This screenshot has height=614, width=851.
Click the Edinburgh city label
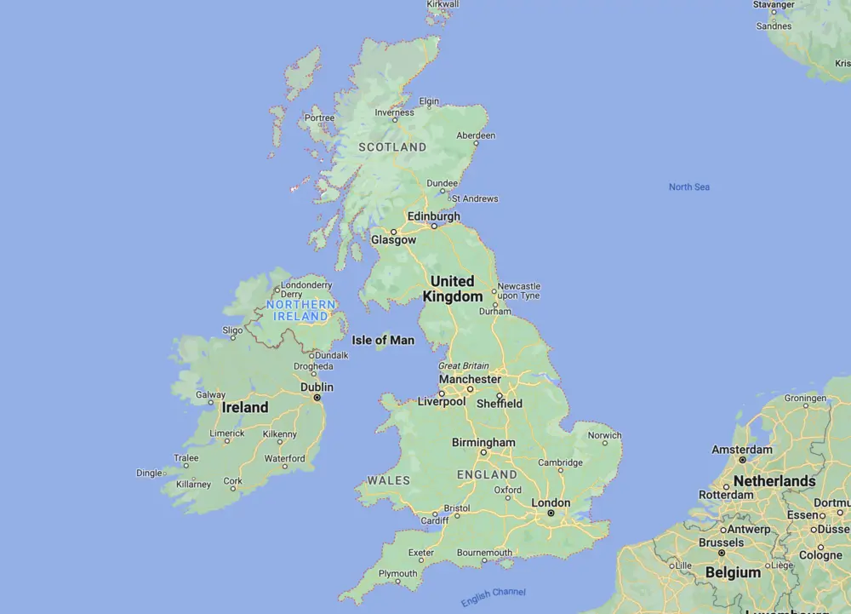(433, 216)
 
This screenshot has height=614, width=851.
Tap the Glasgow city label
(393, 240)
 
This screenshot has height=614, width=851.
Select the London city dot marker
(551, 514)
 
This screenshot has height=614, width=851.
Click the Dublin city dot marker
(317, 397)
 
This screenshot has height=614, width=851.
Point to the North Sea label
(688, 186)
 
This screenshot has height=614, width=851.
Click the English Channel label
(494, 596)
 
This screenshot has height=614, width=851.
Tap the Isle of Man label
(383, 340)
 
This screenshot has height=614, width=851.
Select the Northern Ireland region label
(300, 310)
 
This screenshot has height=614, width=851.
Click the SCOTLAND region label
(392, 146)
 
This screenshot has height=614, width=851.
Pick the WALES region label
(388, 480)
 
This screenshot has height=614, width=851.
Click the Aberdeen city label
(476, 135)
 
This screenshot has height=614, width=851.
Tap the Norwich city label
(605, 435)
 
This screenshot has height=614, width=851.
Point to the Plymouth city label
(397, 573)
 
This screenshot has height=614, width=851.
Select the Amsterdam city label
(742, 450)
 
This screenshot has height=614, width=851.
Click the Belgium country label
(733, 572)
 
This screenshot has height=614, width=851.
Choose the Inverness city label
(395, 112)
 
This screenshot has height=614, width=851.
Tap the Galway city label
(210, 395)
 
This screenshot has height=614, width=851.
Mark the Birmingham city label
(483, 443)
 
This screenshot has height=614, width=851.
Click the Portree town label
(319, 118)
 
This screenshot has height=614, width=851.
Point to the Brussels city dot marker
(722, 553)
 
